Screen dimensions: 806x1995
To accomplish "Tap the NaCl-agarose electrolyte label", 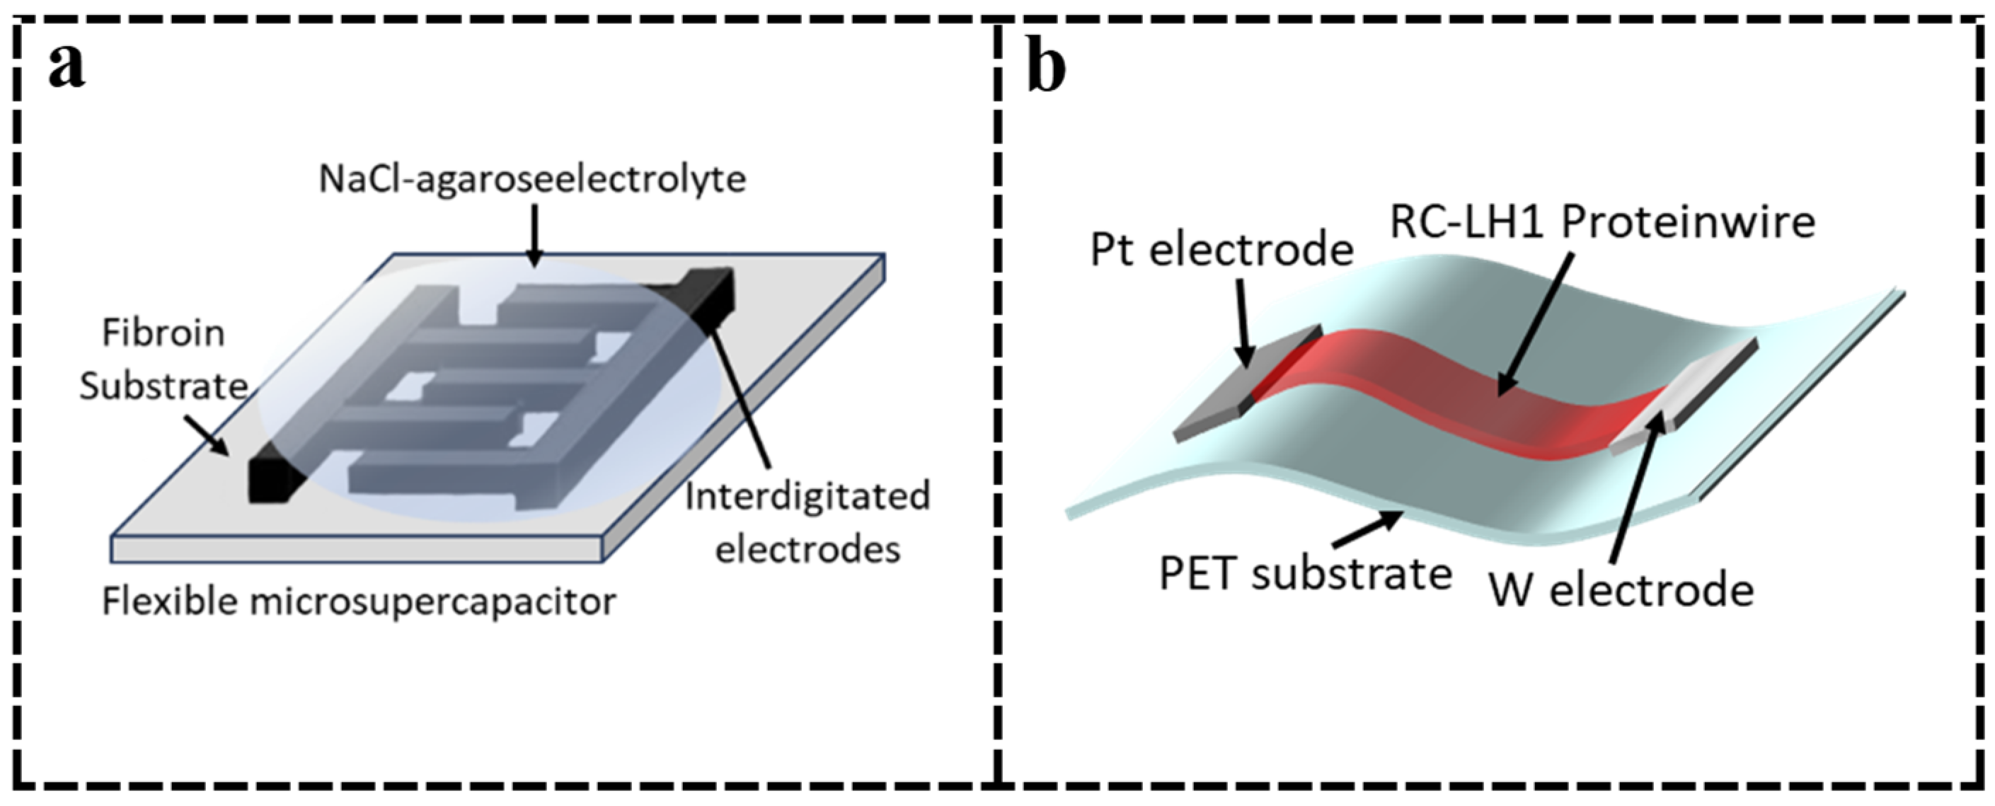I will click(532, 180).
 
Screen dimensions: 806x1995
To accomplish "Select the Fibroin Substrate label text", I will click(163, 360).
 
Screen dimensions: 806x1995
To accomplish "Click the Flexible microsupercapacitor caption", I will click(360, 601).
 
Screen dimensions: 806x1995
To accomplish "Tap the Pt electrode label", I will click(1221, 250).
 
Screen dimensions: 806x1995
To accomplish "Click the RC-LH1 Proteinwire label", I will click(1602, 223).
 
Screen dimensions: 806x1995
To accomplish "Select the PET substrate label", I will click(1305, 575).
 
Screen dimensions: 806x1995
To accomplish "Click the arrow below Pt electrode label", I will click(1241, 321).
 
